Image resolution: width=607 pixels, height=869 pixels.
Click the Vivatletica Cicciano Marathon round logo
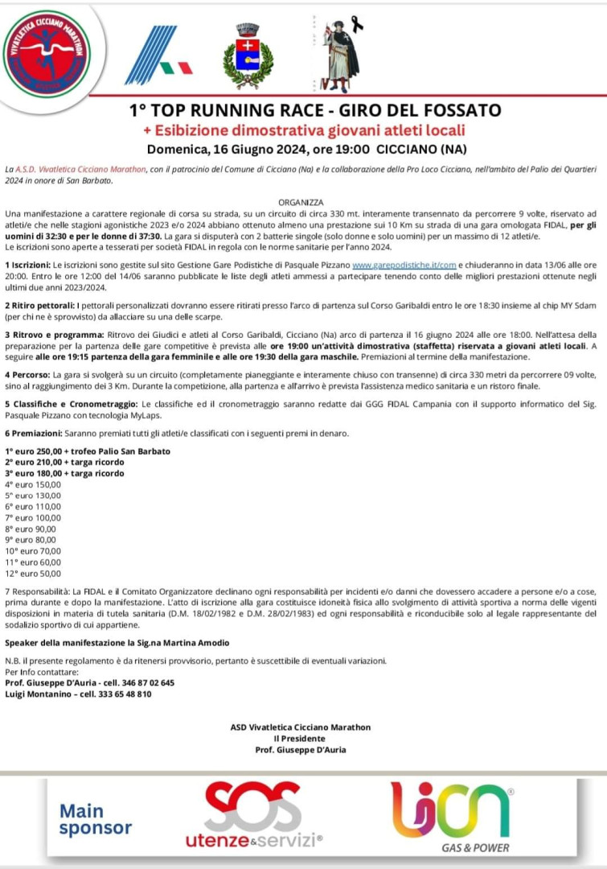(46, 54)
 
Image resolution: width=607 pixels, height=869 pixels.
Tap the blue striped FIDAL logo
(156, 56)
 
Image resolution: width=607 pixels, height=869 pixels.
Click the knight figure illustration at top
(339, 55)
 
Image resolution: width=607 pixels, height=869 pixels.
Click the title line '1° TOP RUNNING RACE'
(304, 110)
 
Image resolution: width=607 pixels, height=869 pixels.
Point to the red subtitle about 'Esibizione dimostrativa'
(304, 130)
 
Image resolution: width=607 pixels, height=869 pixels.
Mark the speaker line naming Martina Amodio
(117, 643)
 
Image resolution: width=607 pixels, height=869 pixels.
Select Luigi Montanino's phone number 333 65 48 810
(121, 694)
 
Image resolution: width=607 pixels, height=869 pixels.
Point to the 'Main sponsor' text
(95, 818)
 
